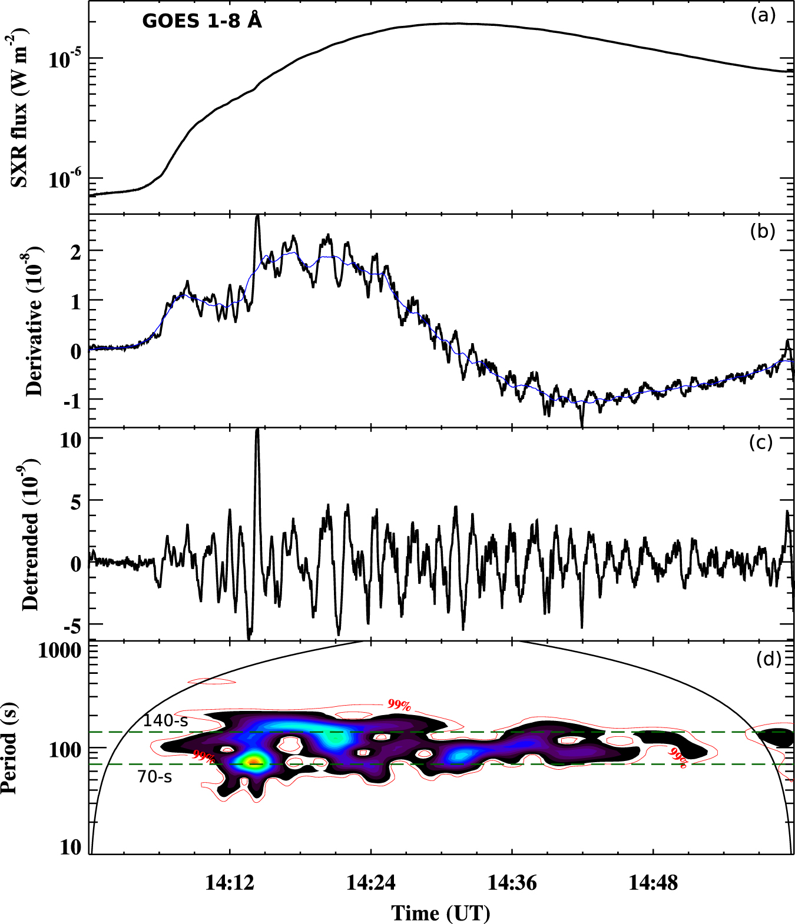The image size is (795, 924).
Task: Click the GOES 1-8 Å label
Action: coord(201,21)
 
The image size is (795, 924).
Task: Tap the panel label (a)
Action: coord(763,16)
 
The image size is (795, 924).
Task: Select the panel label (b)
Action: coord(763,231)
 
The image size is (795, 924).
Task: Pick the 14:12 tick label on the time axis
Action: coord(230,883)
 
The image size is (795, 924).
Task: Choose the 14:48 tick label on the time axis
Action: coord(653,883)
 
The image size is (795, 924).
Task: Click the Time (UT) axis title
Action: coord(441,913)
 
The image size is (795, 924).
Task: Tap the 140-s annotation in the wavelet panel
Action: coord(165,721)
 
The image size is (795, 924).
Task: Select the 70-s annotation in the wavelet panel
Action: coord(155,777)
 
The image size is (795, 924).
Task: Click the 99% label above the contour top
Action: coord(399,704)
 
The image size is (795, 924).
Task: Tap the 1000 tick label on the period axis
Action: coord(59,650)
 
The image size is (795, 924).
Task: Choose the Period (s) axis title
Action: coord(9,747)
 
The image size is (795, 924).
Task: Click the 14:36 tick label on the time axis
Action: coord(512,883)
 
